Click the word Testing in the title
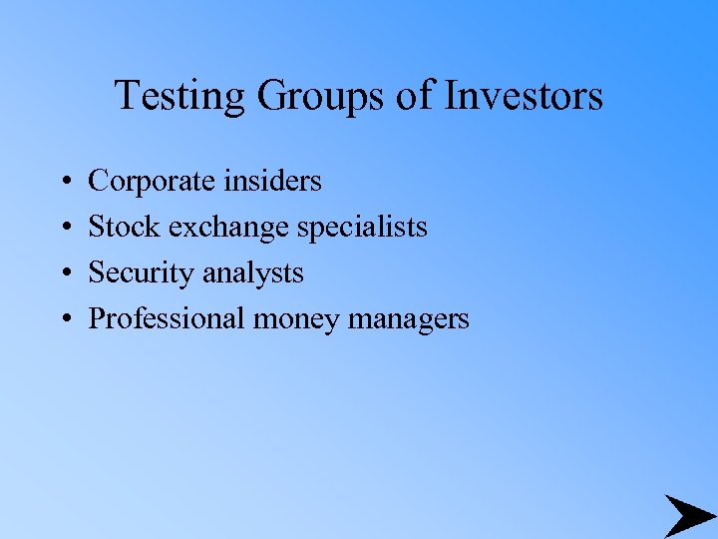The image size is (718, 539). [181, 97]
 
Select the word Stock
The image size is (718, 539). [125, 227]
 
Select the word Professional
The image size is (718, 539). [167, 318]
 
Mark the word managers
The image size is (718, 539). [409, 319]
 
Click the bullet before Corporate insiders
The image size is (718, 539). [64, 183]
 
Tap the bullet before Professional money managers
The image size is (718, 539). [64, 320]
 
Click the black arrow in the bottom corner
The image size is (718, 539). [688, 515]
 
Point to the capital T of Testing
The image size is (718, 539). [127, 96]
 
